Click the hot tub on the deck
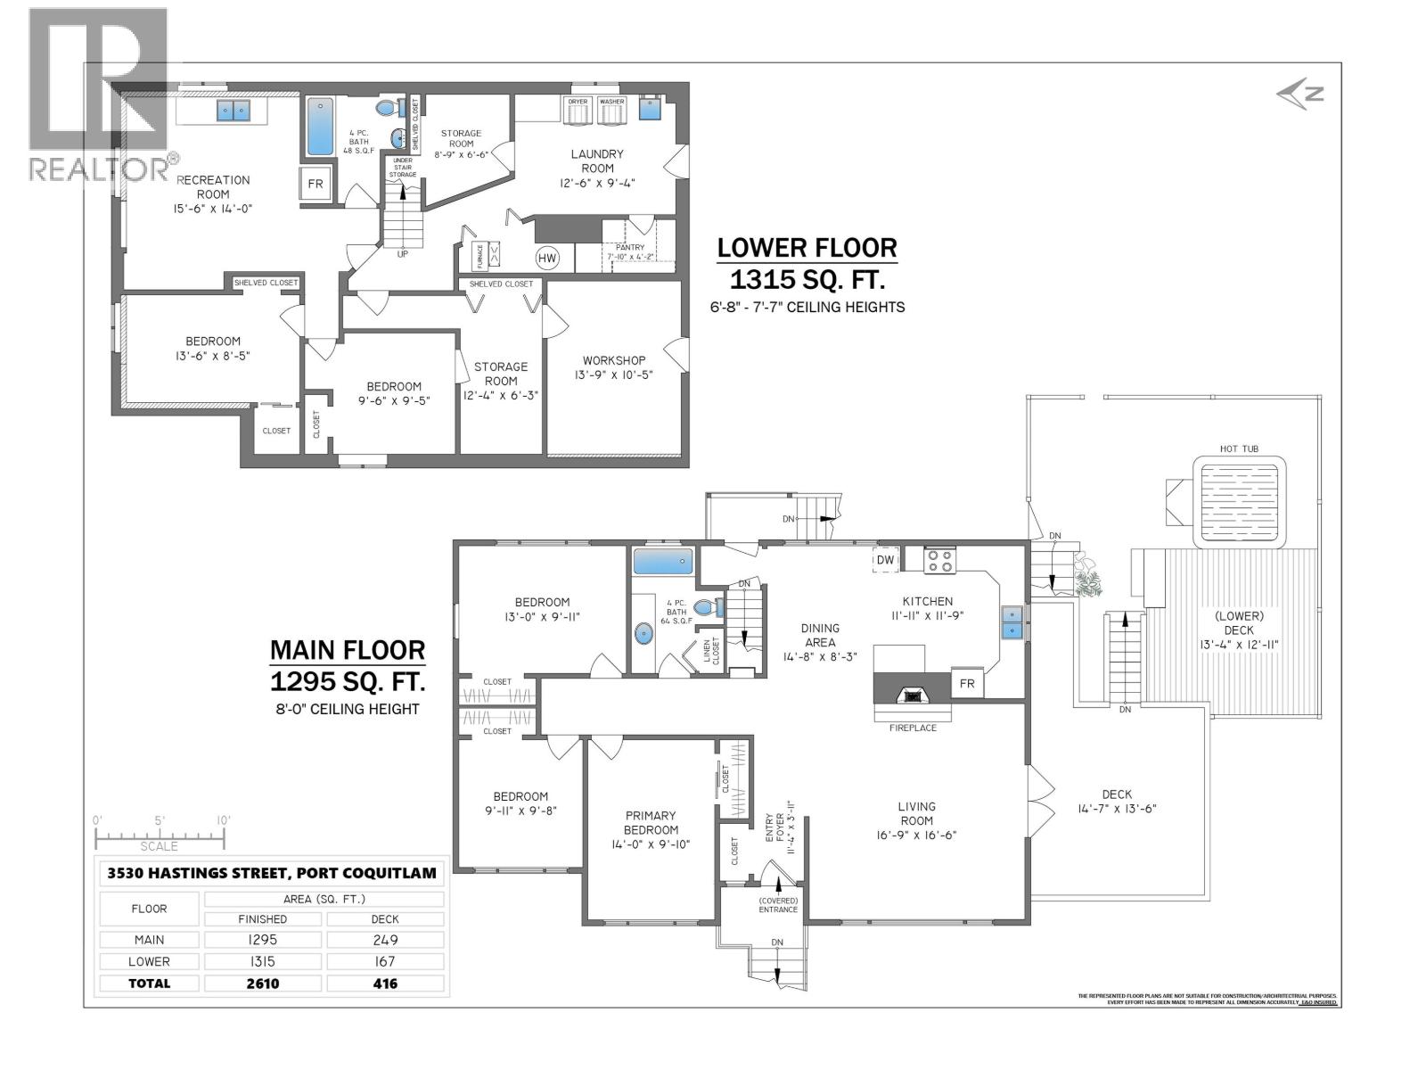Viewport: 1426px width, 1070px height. click(x=1240, y=502)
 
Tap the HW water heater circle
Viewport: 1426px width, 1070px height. click(x=546, y=259)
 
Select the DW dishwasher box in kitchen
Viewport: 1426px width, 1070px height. click(x=885, y=559)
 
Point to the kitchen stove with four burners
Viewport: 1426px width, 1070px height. click(x=939, y=561)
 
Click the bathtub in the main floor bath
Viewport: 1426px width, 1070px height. click(x=662, y=562)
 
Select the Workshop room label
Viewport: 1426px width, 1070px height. click(x=614, y=360)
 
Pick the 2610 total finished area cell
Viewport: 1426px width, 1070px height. click(x=263, y=983)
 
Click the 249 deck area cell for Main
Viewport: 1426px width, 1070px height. click(x=385, y=940)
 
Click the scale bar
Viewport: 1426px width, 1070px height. click(x=160, y=836)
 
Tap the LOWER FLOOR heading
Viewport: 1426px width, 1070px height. click(x=807, y=248)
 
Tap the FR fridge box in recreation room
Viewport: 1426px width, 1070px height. click(x=316, y=185)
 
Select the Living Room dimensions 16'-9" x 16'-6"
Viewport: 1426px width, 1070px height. click(x=916, y=835)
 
